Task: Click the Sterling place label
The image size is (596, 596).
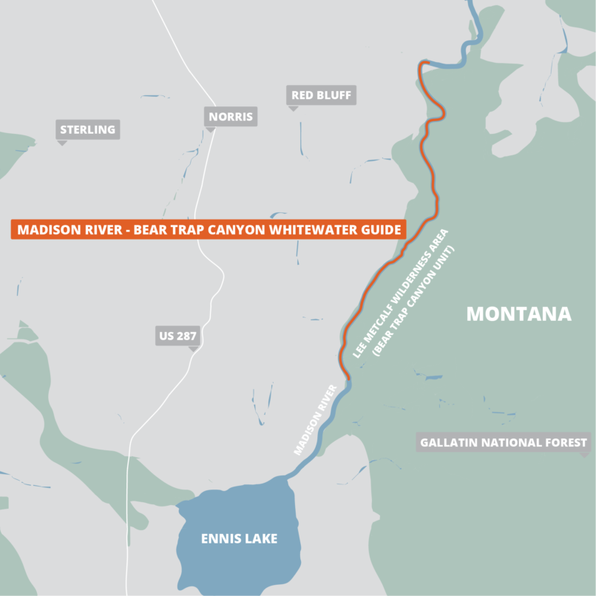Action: point(87,129)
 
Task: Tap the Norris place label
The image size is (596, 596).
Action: point(231,116)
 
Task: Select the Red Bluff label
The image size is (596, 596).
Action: point(321,95)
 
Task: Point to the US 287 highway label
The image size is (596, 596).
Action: point(177,336)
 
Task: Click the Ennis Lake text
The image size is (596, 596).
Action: point(239,538)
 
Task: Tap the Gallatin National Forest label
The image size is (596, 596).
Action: point(504,443)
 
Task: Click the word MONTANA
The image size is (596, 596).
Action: point(518,314)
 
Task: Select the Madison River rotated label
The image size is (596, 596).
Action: point(316,419)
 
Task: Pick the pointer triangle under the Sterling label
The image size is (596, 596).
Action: point(62,142)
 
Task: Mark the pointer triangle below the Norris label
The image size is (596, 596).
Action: point(210,129)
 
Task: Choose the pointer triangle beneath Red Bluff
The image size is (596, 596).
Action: point(293,108)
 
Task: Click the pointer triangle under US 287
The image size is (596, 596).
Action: point(193,348)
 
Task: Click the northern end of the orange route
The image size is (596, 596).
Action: point(421,63)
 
